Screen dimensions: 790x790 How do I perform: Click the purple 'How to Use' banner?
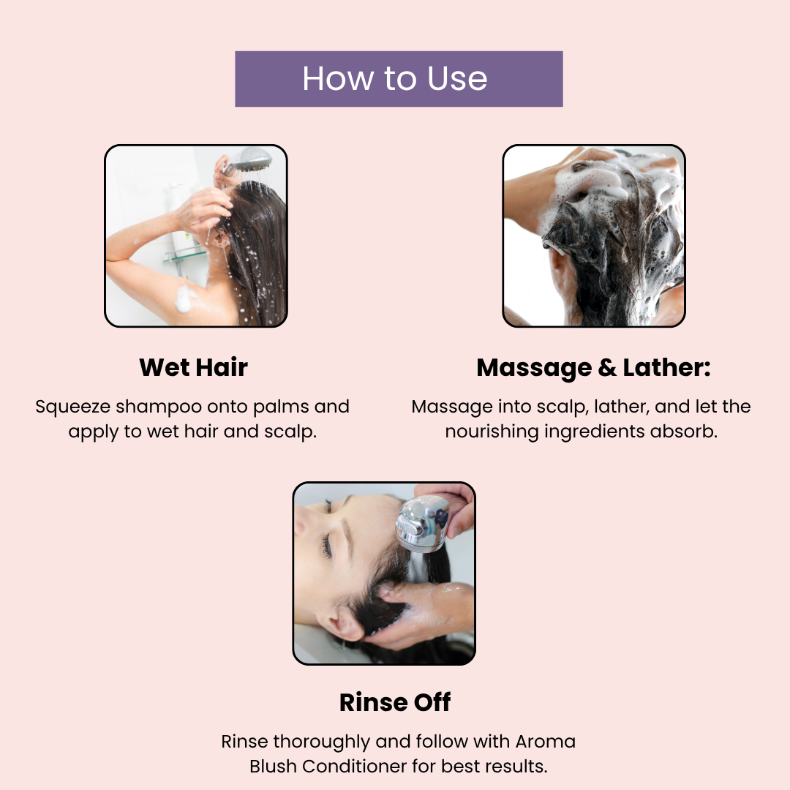click(x=399, y=78)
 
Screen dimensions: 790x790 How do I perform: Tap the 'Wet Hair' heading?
click(x=193, y=367)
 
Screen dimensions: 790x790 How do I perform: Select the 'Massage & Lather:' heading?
click(x=593, y=368)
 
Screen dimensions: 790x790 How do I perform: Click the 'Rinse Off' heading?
click(x=395, y=702)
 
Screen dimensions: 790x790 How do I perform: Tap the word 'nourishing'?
click(x=492, y=432)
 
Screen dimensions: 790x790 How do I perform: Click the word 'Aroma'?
click(x=545, y=742)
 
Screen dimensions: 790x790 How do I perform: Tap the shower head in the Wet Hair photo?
click(x=250, y=159)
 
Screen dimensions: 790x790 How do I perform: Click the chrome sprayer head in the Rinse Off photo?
click(x=422, y=523)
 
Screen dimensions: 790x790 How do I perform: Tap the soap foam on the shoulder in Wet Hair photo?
click(x=184, y=298)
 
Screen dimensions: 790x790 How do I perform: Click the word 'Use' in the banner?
click(x=457, y=78)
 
